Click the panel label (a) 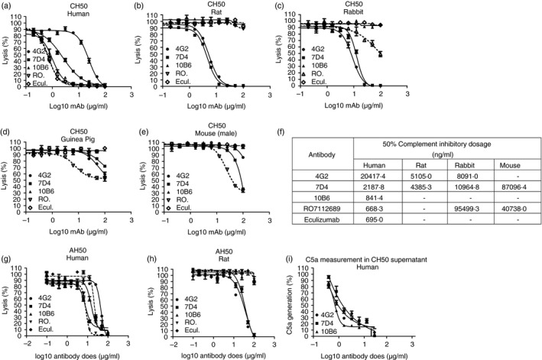pyautogui.click(x=9, y=5)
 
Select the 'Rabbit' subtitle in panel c pyautogui.click(x=443, y=15)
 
